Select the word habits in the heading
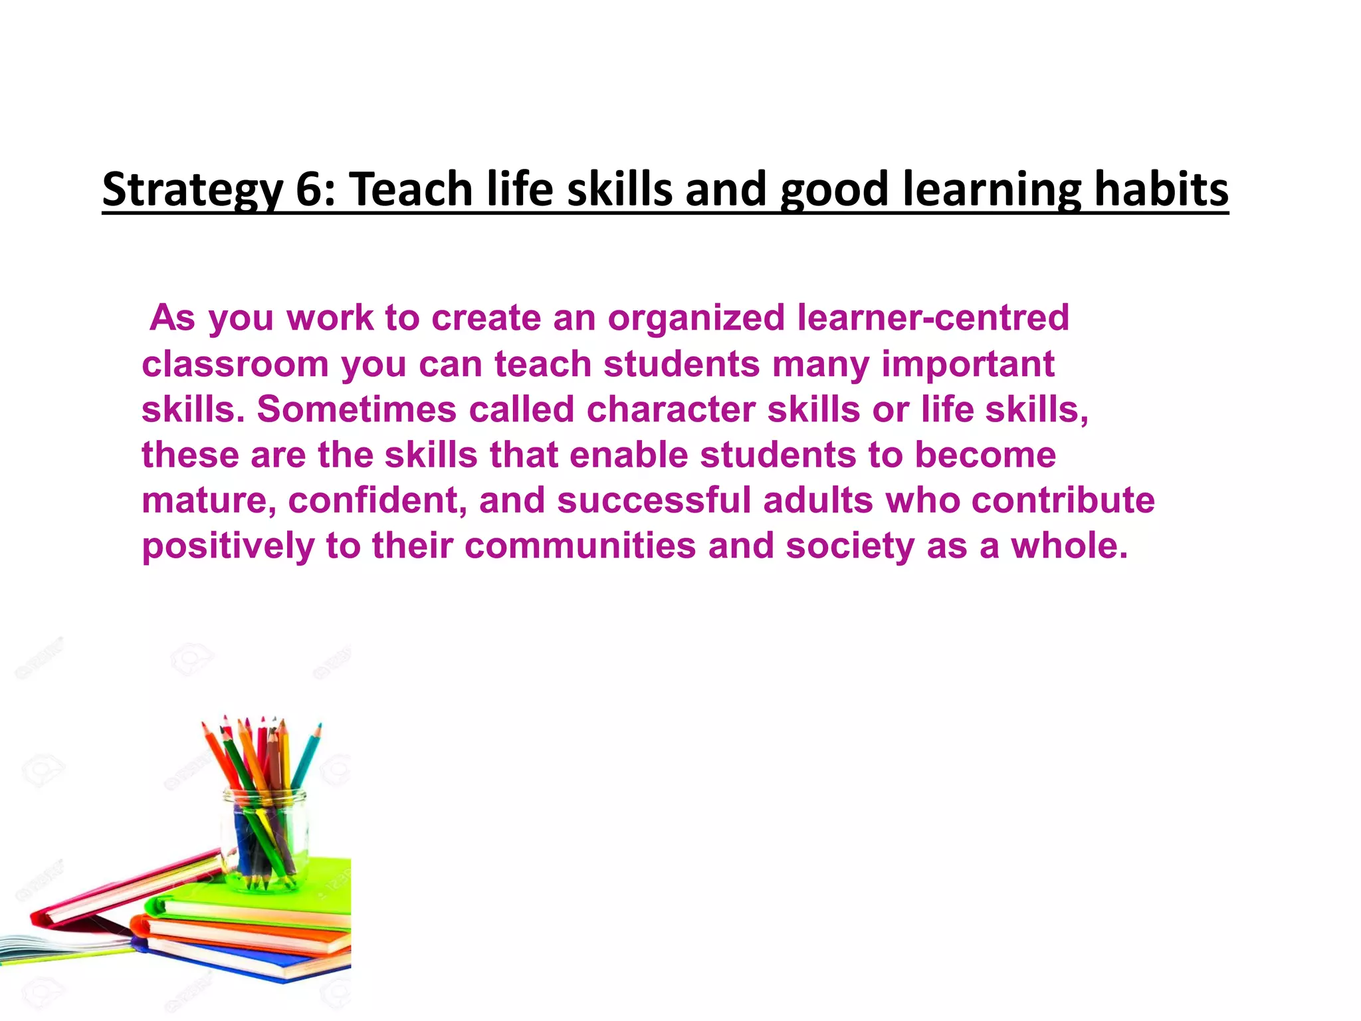coord(1161,189)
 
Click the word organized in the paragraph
coord(696,318)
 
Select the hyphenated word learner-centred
coord(933,318)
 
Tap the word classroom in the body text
coord(236,364)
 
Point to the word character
coord(671,409)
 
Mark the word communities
coord(580,546)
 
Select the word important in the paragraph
coord(968,364)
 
